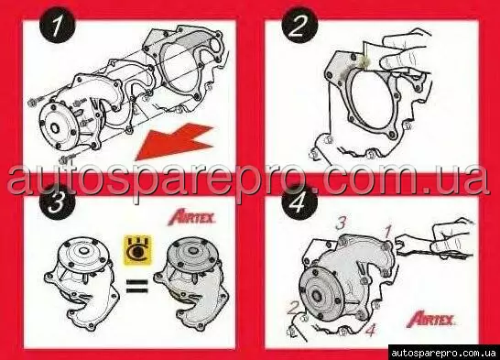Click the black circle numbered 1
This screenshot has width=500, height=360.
click(x=58, y=25)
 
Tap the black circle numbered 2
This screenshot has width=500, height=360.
click(x=300, y=25)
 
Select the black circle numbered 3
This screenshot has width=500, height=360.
click(x=57, y=204)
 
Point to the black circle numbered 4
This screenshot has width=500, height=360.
click(x=299, y=203)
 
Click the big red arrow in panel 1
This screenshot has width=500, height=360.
click(x=175, y=141)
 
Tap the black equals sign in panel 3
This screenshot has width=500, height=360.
click(x=137, y=286)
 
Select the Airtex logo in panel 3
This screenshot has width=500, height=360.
click(x=192, y=218)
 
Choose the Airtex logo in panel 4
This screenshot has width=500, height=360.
click(x=432, y=319)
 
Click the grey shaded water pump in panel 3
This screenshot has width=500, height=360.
click(x=191, y=283)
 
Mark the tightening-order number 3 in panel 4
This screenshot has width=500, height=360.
click(x=341, y=224)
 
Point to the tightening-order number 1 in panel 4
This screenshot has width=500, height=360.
click(x=388, y=232)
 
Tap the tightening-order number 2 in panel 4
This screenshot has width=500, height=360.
click(x=293, y=309)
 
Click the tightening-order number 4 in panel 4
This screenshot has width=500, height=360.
click(x=370, y=330)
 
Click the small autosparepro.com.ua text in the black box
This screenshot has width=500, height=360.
click(x=443, y=353)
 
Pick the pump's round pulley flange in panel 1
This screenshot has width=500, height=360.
click(x=57, y=126)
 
